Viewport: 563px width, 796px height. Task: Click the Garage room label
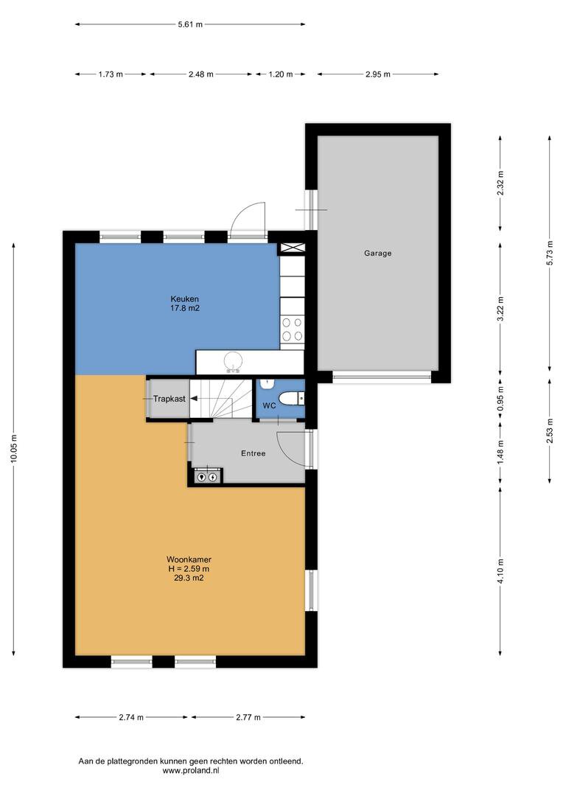[x=377, y=253]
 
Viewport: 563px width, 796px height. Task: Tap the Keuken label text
[x=185, y=299]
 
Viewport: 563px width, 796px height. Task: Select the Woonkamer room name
[x=189, y=559]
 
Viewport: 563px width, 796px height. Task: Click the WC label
[x=269, y=405]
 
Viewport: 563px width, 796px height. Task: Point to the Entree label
[x=253, y=453]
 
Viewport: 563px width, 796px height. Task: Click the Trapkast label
[x=169, y=399]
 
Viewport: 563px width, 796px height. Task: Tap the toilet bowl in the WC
[x=288, y=399]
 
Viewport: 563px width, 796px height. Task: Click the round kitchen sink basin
[x=234, y=361]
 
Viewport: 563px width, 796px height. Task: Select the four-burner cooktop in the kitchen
[x=292, y=329]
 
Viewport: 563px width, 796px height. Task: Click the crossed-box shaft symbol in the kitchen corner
[x=292, y=248]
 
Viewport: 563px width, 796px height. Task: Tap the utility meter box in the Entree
[x=207, y=477]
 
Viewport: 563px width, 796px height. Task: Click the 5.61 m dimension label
[x=190, y=24]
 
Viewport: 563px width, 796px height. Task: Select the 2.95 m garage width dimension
[x=378, y=74]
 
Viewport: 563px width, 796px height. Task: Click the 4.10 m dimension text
[x=500, y=571]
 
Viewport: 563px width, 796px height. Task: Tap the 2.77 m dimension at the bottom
[x=248, y=717]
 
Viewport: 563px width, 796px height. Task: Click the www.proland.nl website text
[x=190, y=770]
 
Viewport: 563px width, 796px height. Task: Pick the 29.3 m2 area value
[x=189, y=578]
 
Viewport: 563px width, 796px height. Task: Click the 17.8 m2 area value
[x=185, y=307]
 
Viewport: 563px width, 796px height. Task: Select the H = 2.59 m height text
[x=189, y=568]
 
